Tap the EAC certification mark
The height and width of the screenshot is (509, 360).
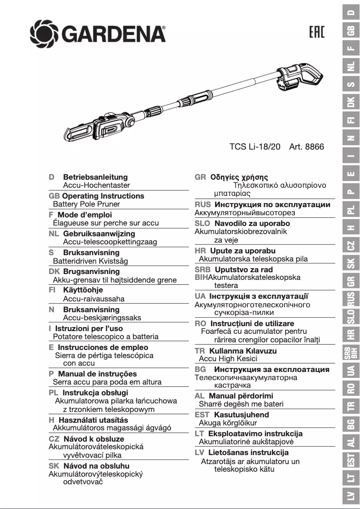(x=317, y=33)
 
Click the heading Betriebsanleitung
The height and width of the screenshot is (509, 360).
(x=95, y=177)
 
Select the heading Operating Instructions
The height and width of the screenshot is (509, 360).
(x=103, y=196)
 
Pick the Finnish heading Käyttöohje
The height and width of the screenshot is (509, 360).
(x=83, y=290)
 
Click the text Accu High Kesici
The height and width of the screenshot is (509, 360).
(x=228, y=359)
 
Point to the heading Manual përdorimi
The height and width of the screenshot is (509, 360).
(x=241, y=396)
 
